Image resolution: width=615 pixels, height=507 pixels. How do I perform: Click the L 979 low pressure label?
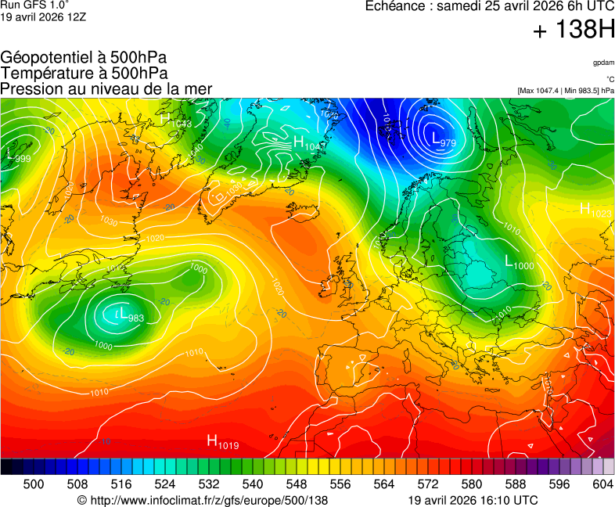[x=443, y=140]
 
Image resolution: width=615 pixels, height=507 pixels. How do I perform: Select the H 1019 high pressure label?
[x=222, y=442]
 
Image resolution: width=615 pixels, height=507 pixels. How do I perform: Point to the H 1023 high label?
[x=595, y=210]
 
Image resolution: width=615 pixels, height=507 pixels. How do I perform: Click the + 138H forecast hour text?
[x=574, y=31]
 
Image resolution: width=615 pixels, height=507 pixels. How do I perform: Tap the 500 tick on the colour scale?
[x=33, y=484]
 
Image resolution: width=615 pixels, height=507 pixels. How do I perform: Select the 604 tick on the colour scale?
[x=602, y=484]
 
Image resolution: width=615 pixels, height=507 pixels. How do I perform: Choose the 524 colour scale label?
[x=164, y=484]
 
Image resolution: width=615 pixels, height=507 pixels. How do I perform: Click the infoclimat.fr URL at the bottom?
[x=203, y=500]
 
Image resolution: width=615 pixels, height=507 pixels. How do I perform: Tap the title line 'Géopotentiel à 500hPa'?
[x=84, y=57]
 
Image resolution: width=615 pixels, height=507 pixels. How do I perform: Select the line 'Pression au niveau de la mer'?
[x=106, y=88]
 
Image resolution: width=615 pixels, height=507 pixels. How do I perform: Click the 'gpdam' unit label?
[x=602, y=62]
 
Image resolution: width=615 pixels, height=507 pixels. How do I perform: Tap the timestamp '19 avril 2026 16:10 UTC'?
[x=473, y=500]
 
